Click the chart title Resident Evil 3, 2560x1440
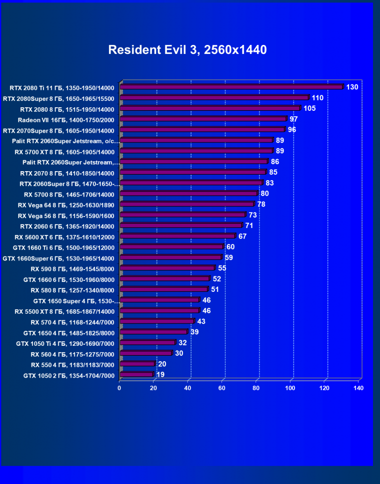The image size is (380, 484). [187, 50]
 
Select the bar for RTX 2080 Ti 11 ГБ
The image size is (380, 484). [231, 87]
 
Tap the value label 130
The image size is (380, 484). [352, 87]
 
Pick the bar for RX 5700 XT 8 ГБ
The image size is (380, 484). [196, 151]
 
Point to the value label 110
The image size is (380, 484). [318, 98]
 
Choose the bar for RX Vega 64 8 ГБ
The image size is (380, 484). [187, 205]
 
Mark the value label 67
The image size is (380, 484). [242, 236]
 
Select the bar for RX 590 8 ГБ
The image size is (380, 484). [167, 268]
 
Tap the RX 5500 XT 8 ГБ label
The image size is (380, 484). [64, 311]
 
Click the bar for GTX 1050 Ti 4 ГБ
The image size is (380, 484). [147, 343]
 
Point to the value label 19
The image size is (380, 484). [160, 375]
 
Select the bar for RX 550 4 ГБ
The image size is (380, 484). [137, 364]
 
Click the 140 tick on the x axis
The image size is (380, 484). [358, 388]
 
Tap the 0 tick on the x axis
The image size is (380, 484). [119, 388]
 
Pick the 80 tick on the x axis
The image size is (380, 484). [256, 388]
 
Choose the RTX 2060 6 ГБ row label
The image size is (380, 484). [67, 226]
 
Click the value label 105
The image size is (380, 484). [309, 109]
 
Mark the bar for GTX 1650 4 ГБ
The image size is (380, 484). [153, 332]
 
